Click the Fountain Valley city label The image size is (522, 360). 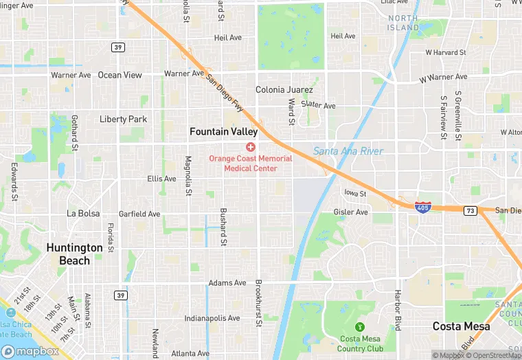(x=223, y=131)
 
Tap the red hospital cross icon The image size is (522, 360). (x=251, y=147)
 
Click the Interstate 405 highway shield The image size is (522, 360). (x=423, y=206)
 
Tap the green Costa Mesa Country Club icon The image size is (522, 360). (x=359, y=327)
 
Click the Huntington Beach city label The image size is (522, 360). (x=74, y=254)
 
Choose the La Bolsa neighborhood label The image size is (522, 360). (x=83, y=213)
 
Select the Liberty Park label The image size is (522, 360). (x=123, y=119)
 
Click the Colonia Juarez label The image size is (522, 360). (x=284, y=90)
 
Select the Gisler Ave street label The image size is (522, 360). (x=351, y=212)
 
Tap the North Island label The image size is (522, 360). (x=402, y=23)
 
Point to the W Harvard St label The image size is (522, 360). (x=445, y=52)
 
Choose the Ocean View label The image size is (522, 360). (x=120, y=75)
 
